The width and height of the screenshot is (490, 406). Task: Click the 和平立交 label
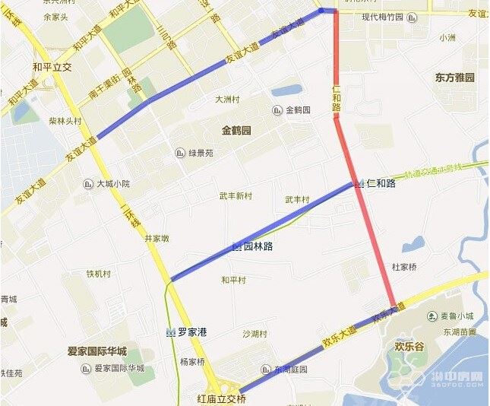(x=52, y=67)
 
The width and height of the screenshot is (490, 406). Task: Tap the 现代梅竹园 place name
(x=383, y=17)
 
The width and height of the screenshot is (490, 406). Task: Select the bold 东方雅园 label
(x=455, y=78)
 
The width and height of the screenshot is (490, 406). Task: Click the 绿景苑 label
(x=201, y=153)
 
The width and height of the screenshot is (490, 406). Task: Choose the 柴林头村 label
(x=65, y=120)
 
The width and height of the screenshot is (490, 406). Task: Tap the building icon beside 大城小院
(x=87, y=183)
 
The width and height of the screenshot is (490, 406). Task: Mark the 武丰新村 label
(x=235, y=196)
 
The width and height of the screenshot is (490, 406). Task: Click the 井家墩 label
(x=156, y=238)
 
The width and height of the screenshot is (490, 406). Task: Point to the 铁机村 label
(x=98, y=274)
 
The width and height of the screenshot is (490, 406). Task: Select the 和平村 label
(x=233, y=280)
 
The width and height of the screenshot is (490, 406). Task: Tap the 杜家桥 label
(x=404, y=267)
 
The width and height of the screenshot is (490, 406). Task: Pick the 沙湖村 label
(x=254, y=334)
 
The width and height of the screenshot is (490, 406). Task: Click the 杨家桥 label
(x=192, y=361)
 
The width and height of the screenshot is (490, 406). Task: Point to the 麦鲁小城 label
(x=457, y=316)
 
